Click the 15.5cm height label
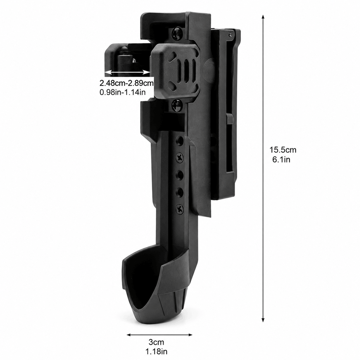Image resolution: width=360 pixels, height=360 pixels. [x=283, y=150]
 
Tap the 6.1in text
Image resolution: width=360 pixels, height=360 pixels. [x=281, y=160]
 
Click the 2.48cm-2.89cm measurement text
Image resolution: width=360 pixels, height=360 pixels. [x=127, y=83]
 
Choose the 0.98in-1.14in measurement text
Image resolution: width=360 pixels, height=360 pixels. [x=122, y=92]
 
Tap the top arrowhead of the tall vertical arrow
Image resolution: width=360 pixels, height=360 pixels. [x=263, y=17]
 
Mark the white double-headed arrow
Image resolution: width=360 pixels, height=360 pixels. [x=127, y=72]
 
